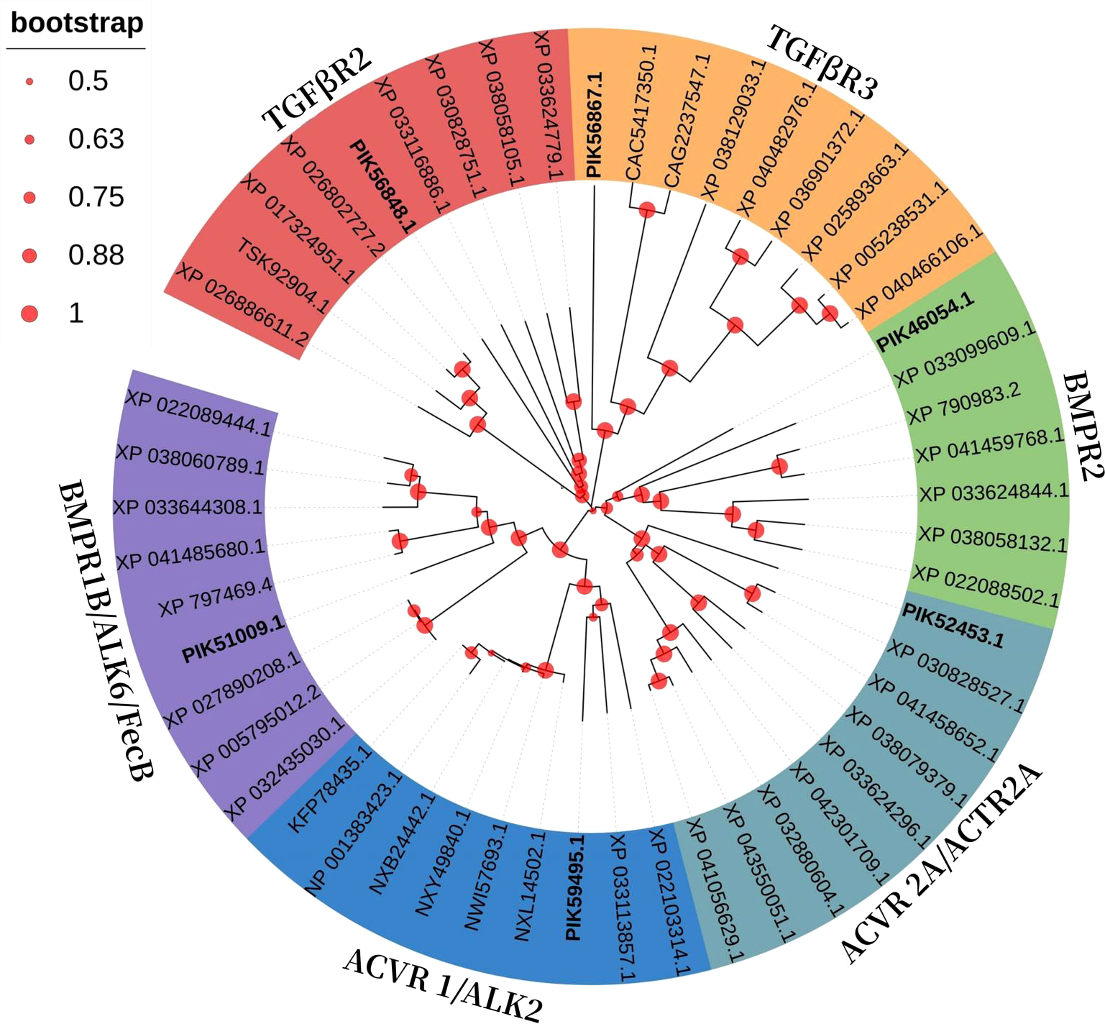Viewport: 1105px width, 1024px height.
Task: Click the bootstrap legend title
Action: click(77, 23)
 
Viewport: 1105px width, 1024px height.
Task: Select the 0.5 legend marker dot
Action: click(29, 82)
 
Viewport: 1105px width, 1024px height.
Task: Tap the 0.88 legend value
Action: click(96, 255)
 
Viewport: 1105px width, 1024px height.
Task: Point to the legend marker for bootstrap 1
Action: click(29, 314)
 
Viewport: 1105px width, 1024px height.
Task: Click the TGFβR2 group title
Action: click(317, 90)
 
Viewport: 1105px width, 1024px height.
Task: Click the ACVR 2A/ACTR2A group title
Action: click(941, 862)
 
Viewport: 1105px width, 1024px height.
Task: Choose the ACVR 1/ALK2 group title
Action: click(442, 984)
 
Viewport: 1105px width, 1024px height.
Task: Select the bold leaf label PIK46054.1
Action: click(926, 321)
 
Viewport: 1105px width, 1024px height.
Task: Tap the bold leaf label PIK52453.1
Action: click(953, 626)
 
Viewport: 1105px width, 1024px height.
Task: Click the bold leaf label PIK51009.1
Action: click(234, 639)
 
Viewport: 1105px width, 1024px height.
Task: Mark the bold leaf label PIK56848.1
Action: click(382, 186)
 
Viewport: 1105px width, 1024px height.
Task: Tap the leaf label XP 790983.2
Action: click(963, 403)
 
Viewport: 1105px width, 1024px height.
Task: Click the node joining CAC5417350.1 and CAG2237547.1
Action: click(647, 209)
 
